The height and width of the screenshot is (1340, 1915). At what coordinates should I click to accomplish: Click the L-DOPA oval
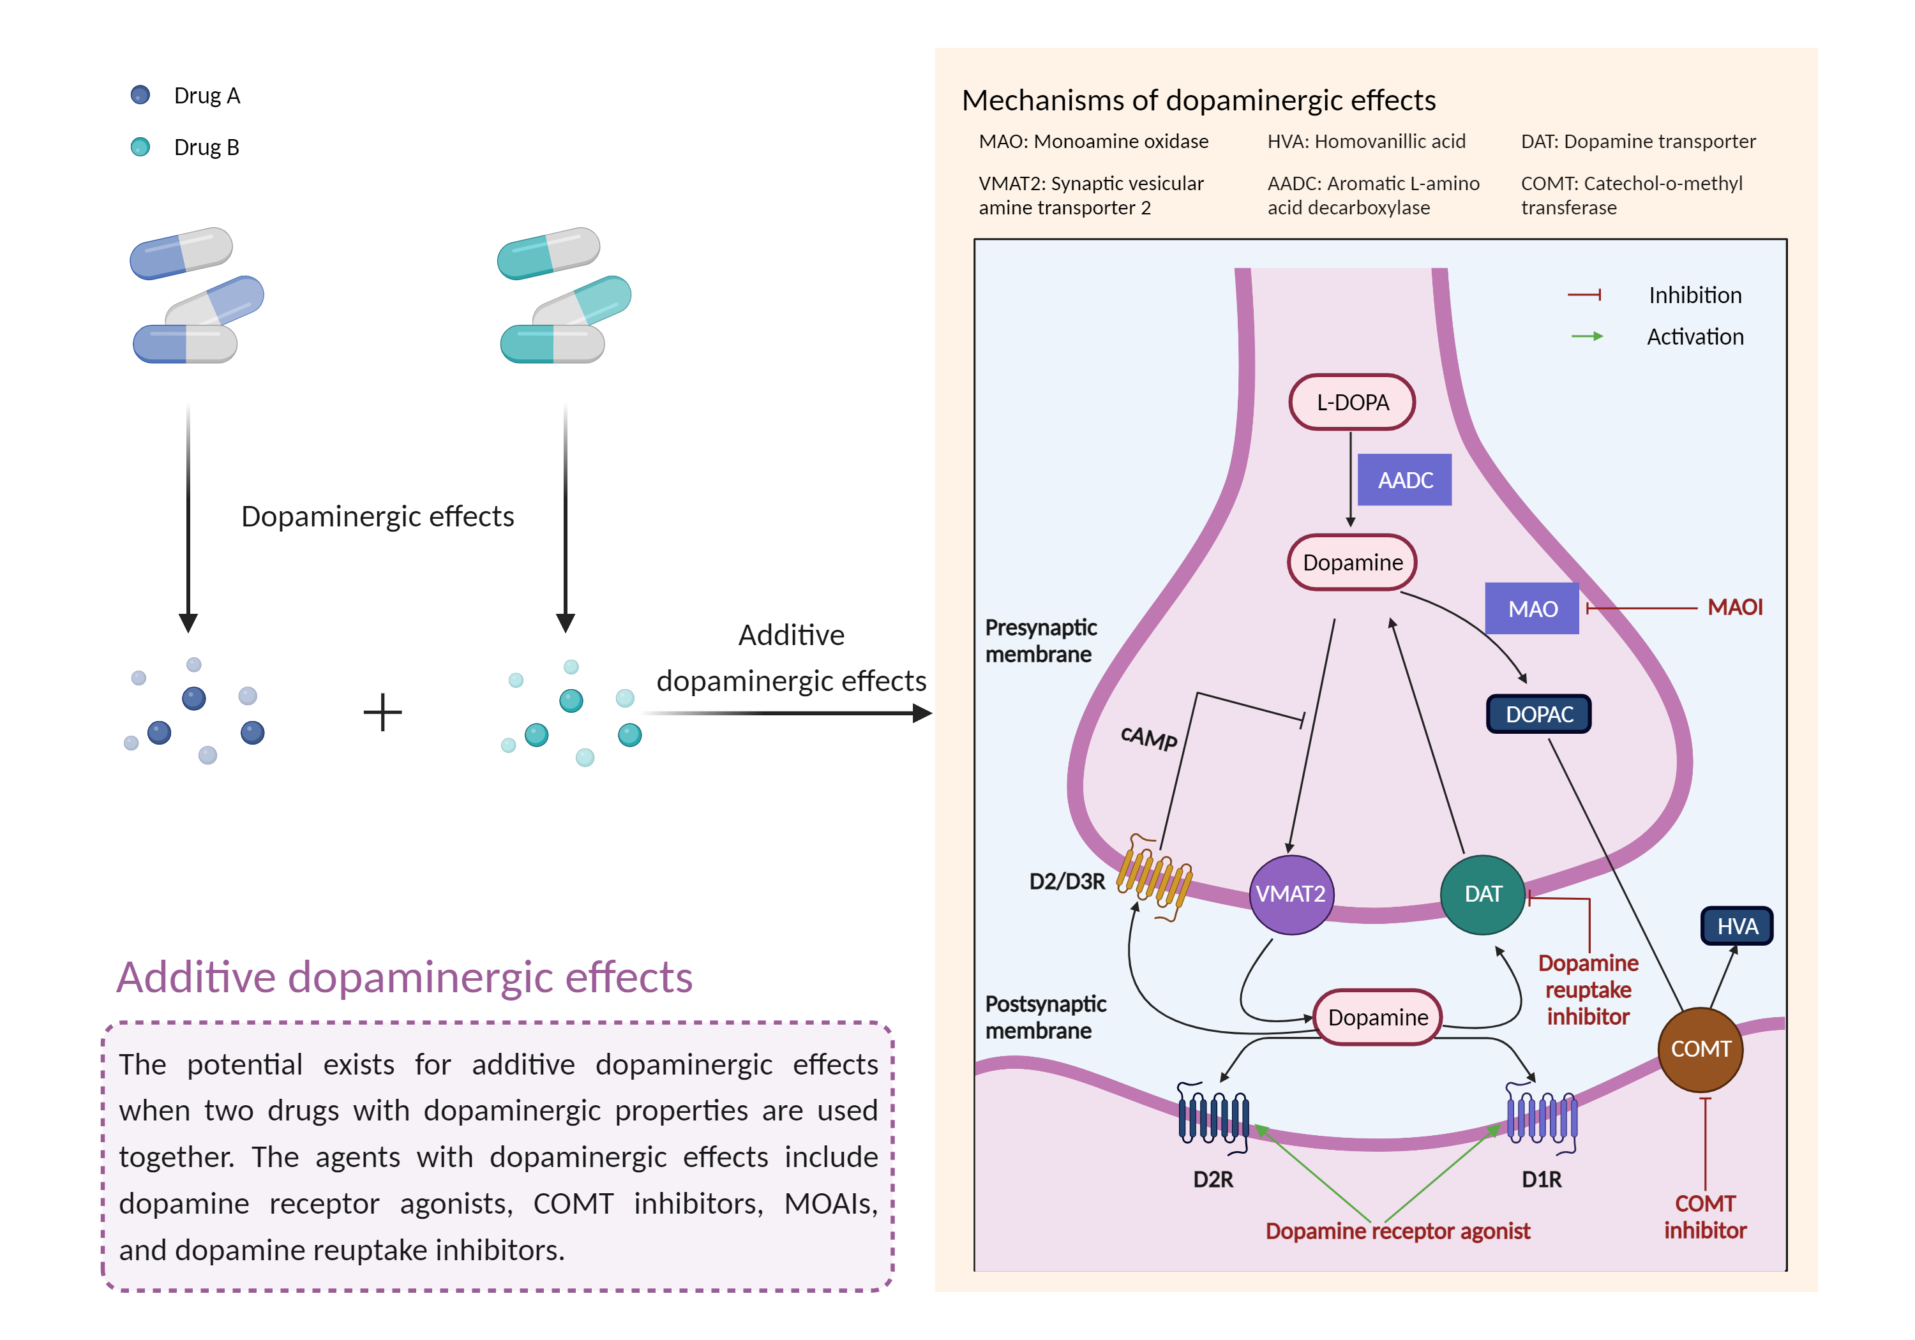(1351, 403)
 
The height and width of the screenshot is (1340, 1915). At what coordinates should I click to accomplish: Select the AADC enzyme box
(1404, 480)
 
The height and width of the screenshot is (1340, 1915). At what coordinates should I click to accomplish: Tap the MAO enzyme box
(1531, 609)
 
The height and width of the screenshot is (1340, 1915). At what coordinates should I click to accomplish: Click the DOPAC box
(1539, 715)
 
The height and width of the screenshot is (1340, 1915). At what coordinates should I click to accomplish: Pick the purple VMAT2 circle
(1290, 894)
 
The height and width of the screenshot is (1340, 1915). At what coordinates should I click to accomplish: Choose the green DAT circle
(1483, 894)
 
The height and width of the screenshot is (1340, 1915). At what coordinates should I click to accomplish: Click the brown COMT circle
(1701, 1049)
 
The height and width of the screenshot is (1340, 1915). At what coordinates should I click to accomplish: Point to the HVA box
(1736, 927)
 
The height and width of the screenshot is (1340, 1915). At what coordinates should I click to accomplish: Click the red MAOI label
(1735, 607)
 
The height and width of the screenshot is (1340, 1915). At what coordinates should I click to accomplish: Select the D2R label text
(1213, 1180)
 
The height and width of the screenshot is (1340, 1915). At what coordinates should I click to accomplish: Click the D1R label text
(1542, 1180)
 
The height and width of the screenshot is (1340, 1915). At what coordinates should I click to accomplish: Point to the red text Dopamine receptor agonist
(1398, 1232)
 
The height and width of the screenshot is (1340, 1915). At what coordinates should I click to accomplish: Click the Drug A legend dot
(140, 95)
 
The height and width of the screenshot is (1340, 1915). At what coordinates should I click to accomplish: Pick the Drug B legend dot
(140, 147)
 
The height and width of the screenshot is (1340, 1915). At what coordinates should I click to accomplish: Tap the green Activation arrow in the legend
(1586, 336)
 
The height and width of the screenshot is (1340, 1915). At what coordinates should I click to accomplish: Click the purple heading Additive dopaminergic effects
(405, 978)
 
